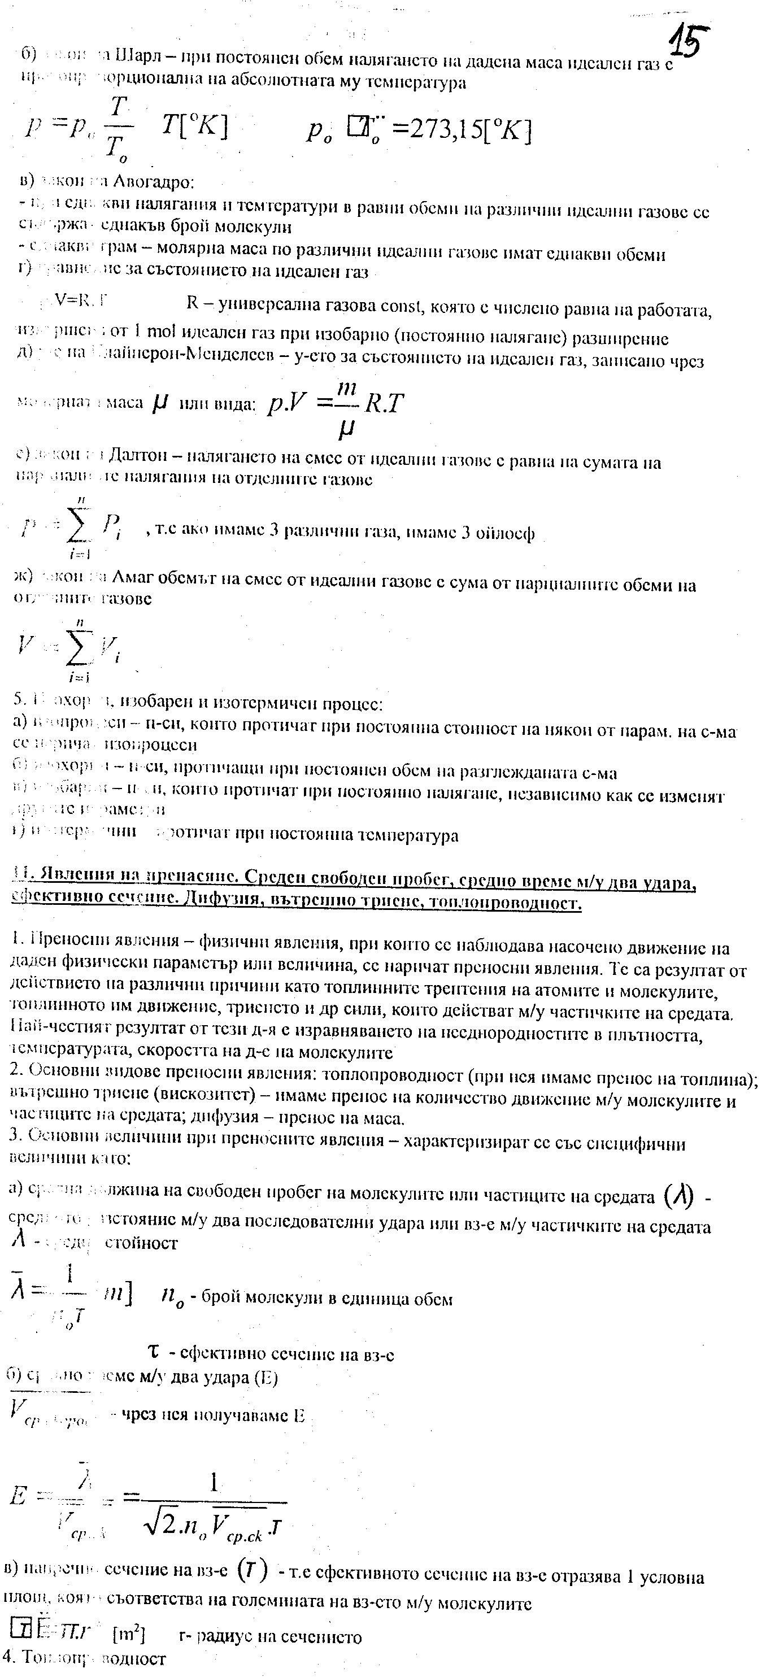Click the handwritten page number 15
[x=689, y=40]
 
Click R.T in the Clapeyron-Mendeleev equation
[x=384, y=403]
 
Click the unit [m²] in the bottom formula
[x=129, y=1635]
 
